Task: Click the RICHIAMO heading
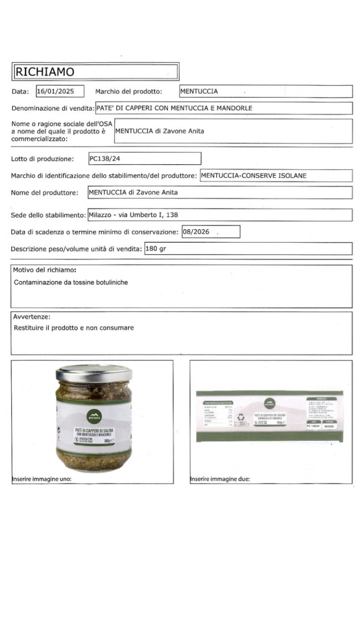(x=45, y=72)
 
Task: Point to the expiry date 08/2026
(x=196, y=232)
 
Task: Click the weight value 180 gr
(x=156, y=249)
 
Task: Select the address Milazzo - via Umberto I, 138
(x=133, y=215)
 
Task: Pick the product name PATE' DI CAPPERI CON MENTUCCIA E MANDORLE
(x=175, y=108)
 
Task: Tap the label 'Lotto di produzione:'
(x=42, y=159)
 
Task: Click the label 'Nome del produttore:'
(x=44, y=193)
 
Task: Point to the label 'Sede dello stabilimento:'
(x=48, y=215)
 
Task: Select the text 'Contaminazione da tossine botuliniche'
(x=71, y=283)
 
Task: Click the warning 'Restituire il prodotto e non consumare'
(x=74, y=327)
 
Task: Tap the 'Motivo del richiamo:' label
(x=44, y=270)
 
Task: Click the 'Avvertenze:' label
(x=32, y=317)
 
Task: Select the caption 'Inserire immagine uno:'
(x=41, y=479)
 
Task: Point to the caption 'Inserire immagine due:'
(x=220, y=479)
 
